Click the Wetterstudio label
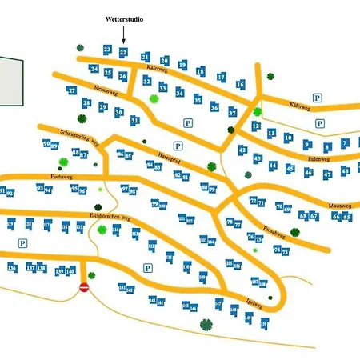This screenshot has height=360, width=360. pyautogui.click(x=124, y=18)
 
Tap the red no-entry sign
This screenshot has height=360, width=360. pyautogui.click(x=84, y=287)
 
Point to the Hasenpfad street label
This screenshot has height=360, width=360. pyautogui.click(x=166, y=146)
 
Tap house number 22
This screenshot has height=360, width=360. pyautogui.click(x=122, y=52)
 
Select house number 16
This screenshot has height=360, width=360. pyautogui.click(x=240, y=84)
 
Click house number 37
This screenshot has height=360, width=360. pyautogui.click(x=232, y=113)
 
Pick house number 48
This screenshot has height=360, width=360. pyautogui.click(x=346, y=170)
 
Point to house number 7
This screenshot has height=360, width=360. pyautogui.click(x=345, y=144)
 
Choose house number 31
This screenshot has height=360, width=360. pyautogui.click(x=135, y=120)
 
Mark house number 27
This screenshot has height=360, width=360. pyautogui.click(x=72, y=91)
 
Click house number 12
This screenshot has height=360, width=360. pyautogui.click(x=256, y=126)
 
